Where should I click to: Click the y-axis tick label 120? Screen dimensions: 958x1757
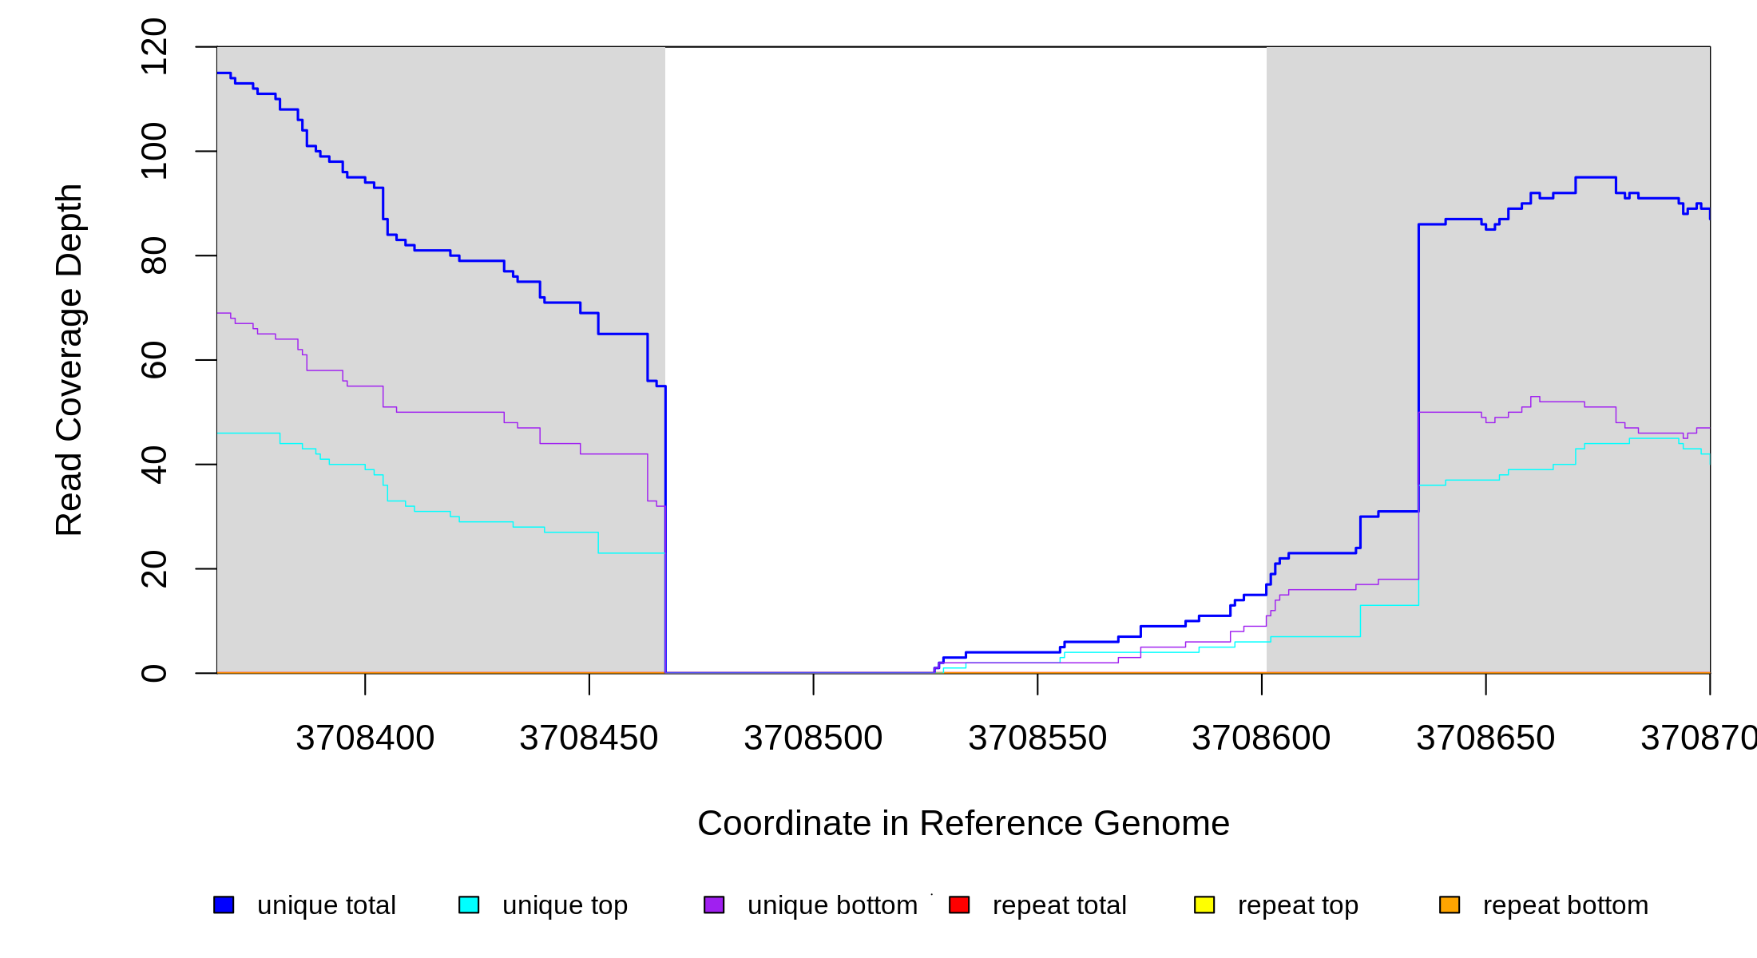pyautogui.click(x=153, y=47)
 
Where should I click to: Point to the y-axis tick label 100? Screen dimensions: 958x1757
pyautogui.click(x=153, y=152)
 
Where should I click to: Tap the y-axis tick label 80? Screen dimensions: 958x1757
pyautogui.click(x=153, y=255)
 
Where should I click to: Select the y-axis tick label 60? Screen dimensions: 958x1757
pyautogui.click(x=153, y=360)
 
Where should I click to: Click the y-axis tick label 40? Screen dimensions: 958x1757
pyautogui.click(x=153, y=465)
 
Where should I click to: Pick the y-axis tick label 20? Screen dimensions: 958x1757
pyautogui.click(x=153, y=569)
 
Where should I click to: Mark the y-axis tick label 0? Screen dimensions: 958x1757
pyautogui.click(x=153, y=673)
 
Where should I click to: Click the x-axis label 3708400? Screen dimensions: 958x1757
pyautogui.click(x=365, y=738)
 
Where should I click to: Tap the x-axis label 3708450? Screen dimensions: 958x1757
pyautogui.click(x=589, y=738)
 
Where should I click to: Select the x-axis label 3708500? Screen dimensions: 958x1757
pyautogui.click(x=813, y=738)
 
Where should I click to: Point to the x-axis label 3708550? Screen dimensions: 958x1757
pyautogui.click(x=1037, y=738)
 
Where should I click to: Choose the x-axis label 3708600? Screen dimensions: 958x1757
pyautogui.click(x=1261, y=738)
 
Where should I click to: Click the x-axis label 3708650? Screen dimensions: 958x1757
pyautogui.click(x=1485, y=738)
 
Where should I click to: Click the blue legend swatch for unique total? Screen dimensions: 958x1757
pyautogui.click(x=224, y=905)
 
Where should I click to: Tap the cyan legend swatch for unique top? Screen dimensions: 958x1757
pyautogui.click(x=469, y=905)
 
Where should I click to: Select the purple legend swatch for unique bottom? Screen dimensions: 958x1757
pyautogui.click(x=714, y=905)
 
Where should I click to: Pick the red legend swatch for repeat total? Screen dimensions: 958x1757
pyautogui.click(x=959, y=905)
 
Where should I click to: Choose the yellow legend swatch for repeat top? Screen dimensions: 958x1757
pyautogui.click(x=1204, y=905)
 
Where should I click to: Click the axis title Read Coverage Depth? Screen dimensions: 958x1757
pyautogui.click(x=69, y=359)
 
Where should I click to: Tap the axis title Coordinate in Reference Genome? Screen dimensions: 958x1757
pyautogui.click(x=963, y=823)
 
